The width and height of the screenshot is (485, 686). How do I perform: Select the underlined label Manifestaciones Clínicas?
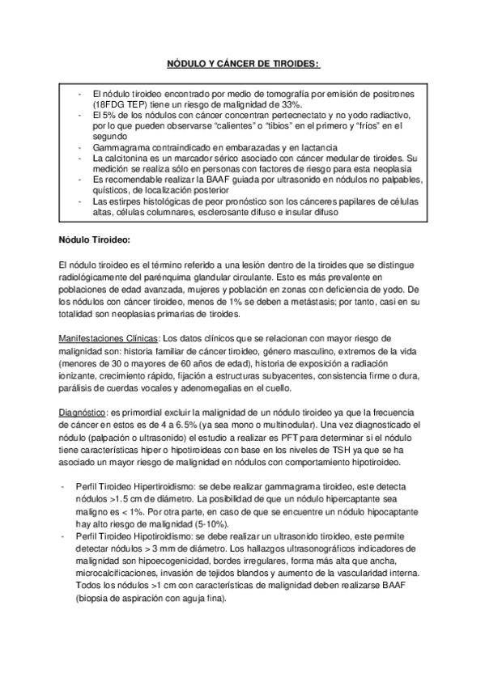click(108, 337)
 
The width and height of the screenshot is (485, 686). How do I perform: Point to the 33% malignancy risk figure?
click(290, 104)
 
